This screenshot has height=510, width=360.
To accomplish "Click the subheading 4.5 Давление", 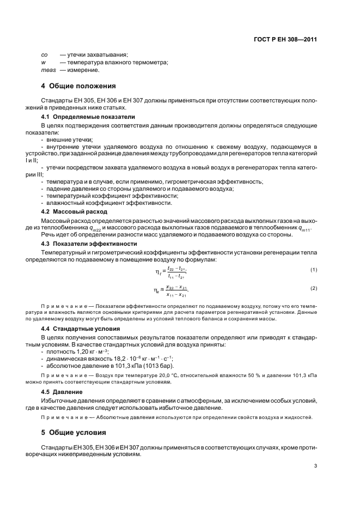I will point(62,391).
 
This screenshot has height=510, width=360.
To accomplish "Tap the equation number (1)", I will point(314,270).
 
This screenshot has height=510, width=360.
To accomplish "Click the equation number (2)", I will point(314,288).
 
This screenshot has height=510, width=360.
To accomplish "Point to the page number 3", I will point(315,466).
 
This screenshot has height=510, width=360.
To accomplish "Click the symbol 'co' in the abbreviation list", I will point(45,55).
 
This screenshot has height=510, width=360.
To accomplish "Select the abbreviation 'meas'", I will point(49,70).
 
